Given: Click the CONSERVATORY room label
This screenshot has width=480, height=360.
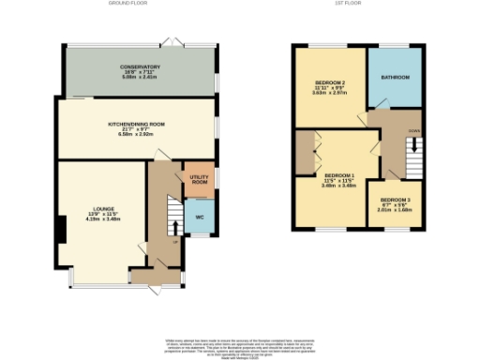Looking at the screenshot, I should point(140,67).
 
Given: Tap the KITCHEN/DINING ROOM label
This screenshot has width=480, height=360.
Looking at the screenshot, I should point(136,124).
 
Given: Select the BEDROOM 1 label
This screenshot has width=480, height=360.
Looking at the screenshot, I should point(338,175).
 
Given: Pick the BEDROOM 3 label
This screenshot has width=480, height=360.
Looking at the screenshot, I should point(396,200).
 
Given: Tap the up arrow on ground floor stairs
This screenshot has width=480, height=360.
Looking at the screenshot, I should point(173,228).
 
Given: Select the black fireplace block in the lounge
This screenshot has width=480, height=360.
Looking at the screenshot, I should point(61,229).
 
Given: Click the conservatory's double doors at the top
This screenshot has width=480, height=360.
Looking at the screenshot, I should point(169,40).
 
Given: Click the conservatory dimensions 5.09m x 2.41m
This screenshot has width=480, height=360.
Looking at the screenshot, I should point(140,78).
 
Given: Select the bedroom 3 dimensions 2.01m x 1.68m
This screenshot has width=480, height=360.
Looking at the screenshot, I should point(396,211).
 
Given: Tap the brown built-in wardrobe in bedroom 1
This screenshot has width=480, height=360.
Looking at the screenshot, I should point(304,153).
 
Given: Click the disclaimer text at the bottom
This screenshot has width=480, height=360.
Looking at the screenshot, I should point(239,344).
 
